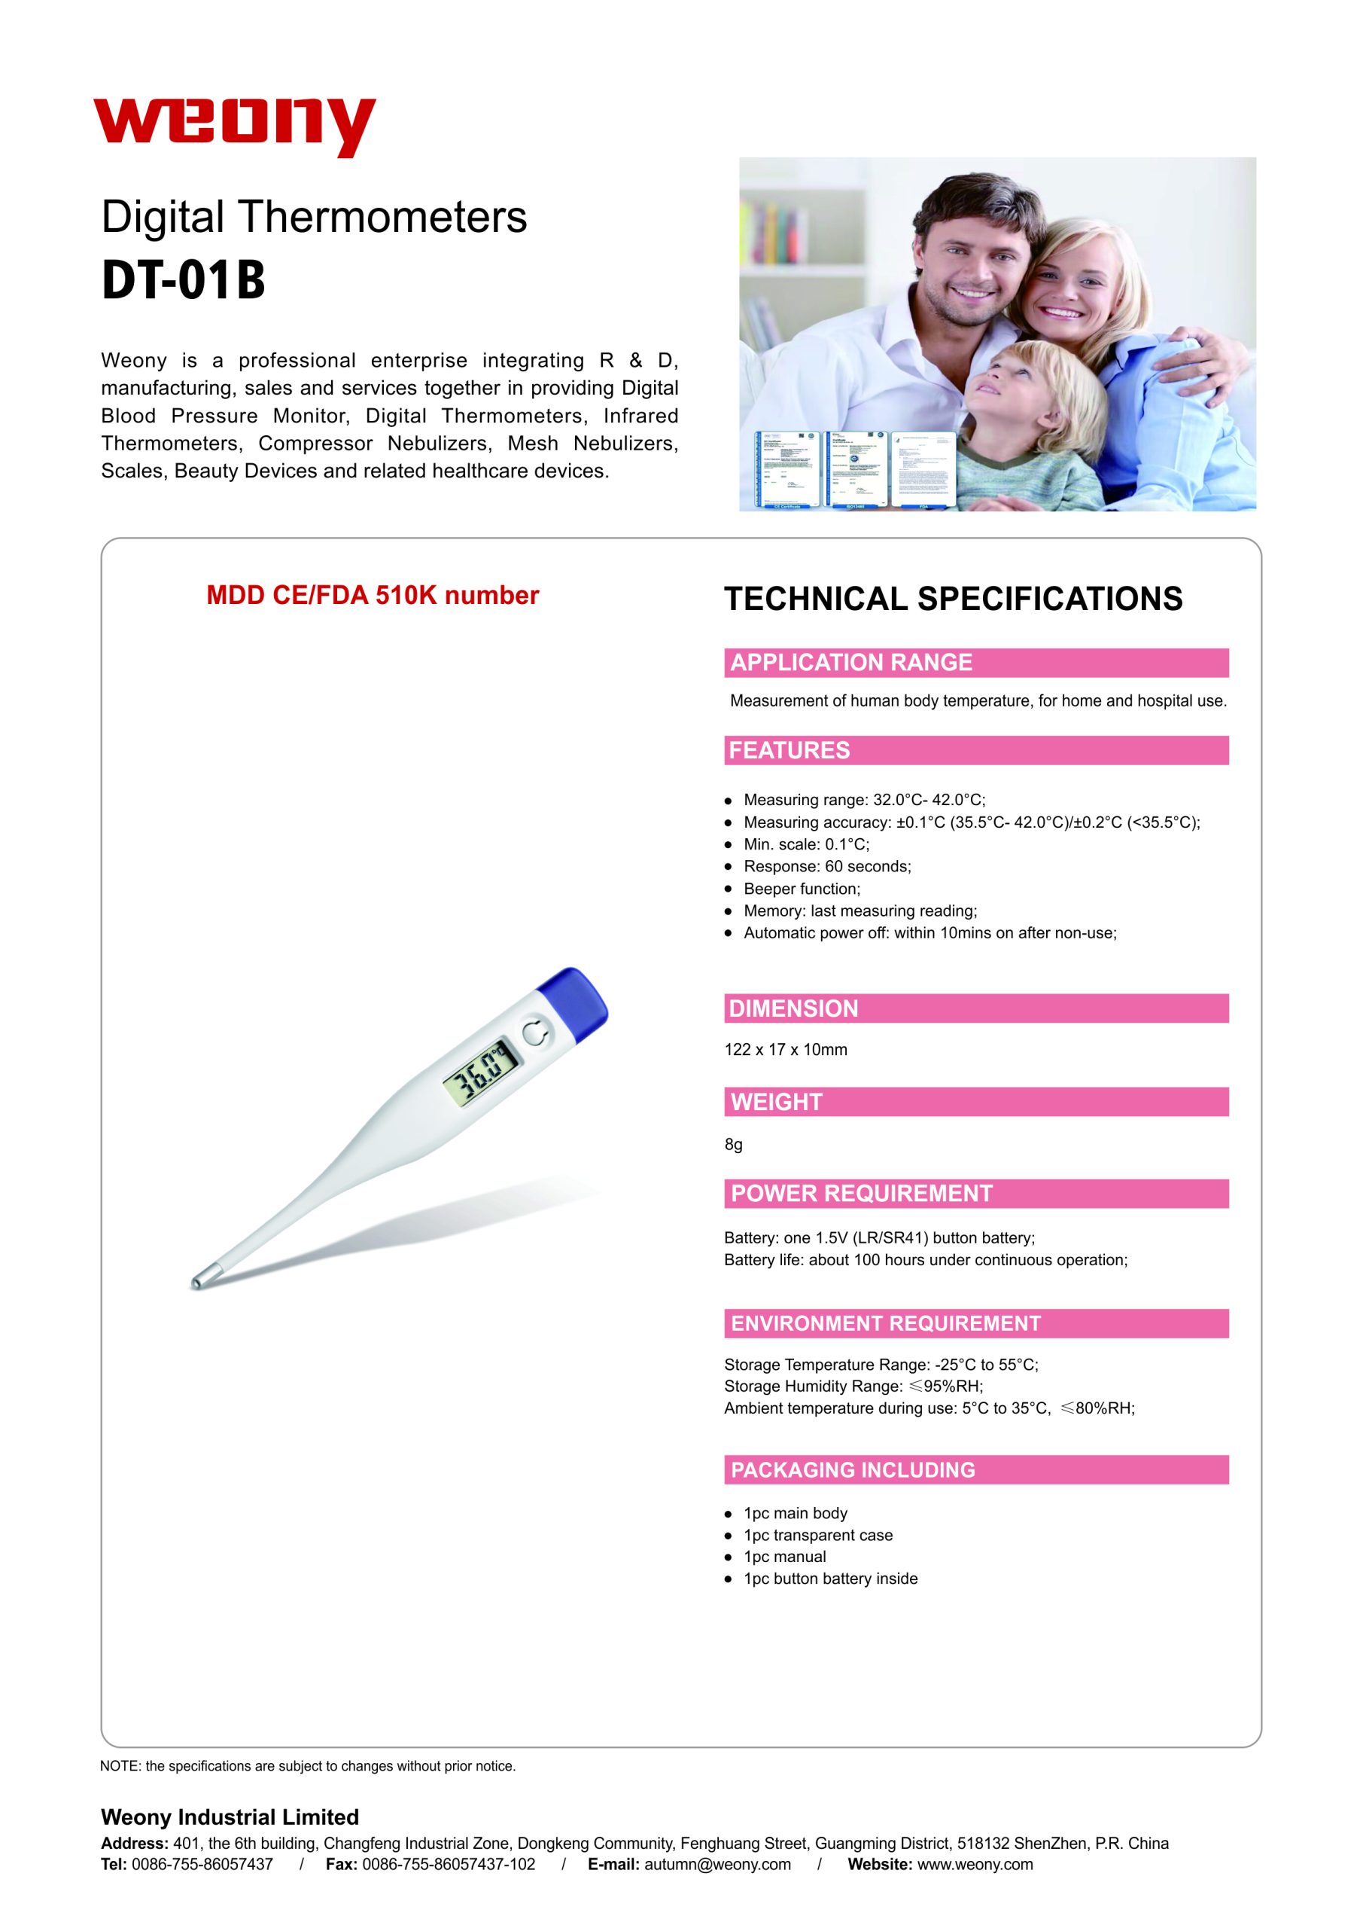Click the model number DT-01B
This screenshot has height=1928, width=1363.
tap(183, 279)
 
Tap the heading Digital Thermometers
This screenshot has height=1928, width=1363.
tap(314, 217)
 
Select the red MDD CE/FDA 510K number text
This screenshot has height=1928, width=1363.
tap(373, 596)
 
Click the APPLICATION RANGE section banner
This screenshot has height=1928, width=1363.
tap(976, 663)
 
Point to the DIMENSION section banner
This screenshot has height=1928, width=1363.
tap(976, 1008)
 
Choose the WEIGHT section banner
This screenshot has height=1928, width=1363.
tap(976, 1102)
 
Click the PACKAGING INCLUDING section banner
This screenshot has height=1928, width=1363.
tap(976, 1469)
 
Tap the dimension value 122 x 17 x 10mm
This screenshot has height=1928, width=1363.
tap(786, 1050)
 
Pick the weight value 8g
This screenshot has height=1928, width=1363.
tap(734, 1145)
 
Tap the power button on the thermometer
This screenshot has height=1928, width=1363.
tap(537, 1033)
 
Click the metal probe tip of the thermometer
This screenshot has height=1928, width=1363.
tap(198, 1280)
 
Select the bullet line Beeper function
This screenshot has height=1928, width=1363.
tap(802, 889)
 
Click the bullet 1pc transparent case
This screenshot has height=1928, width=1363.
tap(817, 1535)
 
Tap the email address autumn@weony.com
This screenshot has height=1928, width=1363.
tap(717, 1864)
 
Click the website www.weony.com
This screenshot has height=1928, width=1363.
tap(975, 1864)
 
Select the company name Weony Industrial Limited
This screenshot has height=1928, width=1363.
tap(230, 1817)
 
